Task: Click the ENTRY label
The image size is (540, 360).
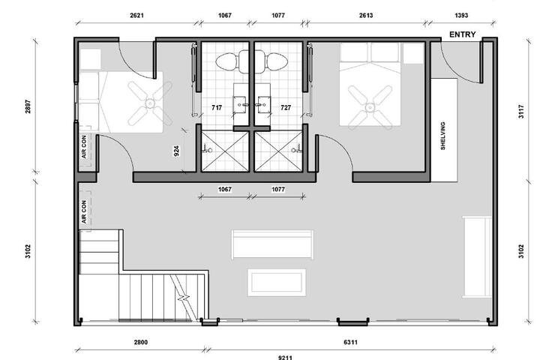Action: point(463,34)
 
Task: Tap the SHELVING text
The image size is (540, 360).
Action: point(443,136)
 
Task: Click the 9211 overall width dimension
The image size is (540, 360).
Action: point(285,357)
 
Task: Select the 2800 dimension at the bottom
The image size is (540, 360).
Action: point(140,342)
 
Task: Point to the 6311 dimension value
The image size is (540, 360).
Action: point(350,342)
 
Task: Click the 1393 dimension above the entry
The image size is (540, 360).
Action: point(461,15)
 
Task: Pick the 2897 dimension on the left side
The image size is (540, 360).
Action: point(28,106)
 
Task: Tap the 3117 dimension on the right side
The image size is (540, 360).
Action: point(521,112)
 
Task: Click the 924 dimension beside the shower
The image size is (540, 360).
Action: point(176,151)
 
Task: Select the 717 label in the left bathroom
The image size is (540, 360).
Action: point(217,107)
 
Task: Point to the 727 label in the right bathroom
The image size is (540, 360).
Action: point(286,107)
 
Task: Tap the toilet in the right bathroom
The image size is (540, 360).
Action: point(271,61)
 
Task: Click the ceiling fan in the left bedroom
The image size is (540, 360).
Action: point(150,103)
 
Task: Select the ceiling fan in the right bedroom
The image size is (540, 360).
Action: point(370,107)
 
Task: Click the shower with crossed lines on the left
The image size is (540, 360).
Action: point(225,151)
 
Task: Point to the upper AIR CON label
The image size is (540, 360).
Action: point(84,147)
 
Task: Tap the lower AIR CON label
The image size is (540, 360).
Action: point(84,211)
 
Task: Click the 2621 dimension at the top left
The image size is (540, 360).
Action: point(136,15)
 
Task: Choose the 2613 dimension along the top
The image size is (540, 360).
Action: point(366,15)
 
